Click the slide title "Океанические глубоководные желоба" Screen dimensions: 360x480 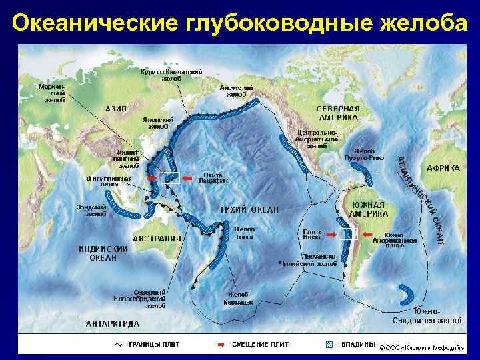240,23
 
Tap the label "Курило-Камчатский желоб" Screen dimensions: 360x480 171,75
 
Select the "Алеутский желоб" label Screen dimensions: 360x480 236,91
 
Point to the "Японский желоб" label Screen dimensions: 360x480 158,122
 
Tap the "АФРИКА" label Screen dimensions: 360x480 443,169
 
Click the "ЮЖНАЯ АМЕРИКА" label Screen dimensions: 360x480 369,209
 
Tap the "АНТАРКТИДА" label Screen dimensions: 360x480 113,324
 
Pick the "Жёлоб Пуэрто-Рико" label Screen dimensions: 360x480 365,154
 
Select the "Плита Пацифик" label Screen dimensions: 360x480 214,177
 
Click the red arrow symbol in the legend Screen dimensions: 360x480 220,345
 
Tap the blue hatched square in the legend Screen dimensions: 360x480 327,345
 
